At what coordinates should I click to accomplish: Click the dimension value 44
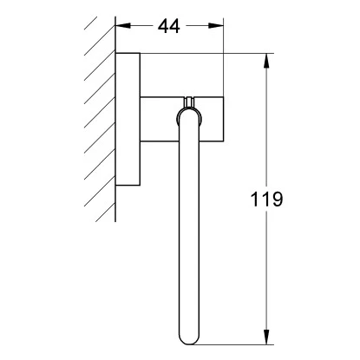click(x=169, y=26)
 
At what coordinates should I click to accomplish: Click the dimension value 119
click(x=266, y=200)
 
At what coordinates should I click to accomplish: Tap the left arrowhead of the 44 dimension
click(x=123, y=26)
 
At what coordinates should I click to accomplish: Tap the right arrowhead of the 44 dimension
click(x=216, y=26)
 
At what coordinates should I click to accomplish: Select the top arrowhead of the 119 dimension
click(x=266, y=61)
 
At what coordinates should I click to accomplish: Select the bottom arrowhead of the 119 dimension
click(x=266, y=337)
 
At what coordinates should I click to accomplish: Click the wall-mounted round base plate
click(x=128, y=119)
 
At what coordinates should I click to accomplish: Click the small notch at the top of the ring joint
click(x=189, y=101)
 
